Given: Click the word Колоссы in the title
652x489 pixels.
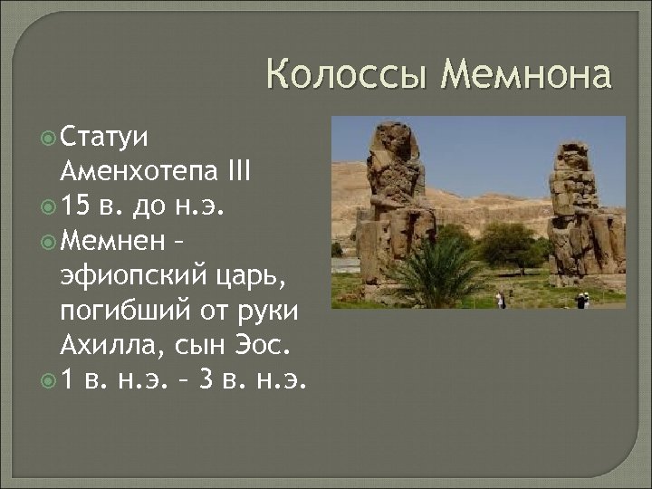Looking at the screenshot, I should point(347,74).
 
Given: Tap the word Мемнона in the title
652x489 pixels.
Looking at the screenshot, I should point(525,74).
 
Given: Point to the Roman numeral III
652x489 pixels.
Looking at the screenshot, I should point(238,170).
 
